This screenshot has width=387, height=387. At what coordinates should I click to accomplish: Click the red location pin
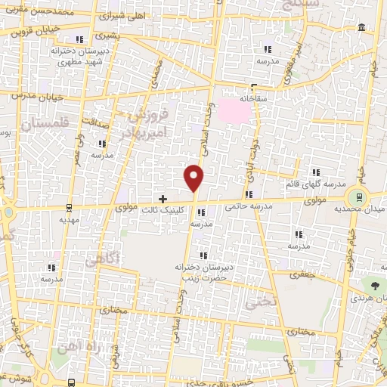point(195,177)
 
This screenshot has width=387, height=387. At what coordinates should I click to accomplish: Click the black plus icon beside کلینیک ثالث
point(163,198)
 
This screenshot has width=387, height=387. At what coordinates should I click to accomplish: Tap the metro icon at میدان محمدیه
point(359,194)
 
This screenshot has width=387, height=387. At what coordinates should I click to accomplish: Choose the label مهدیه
point(70,218)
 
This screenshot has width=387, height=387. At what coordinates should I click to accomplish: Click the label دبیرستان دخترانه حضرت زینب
point(200,271)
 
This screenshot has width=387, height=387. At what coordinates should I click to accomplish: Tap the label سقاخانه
point(253,98)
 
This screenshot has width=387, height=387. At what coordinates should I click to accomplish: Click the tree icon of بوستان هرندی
point(376,286)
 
